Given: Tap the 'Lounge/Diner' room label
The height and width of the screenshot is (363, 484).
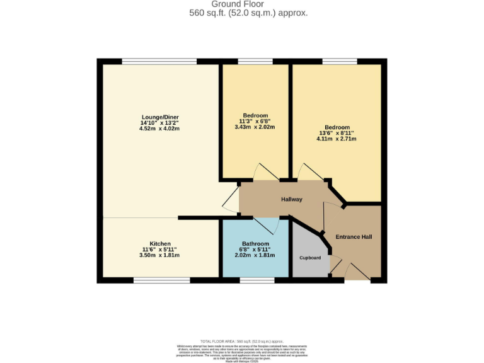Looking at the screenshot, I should [x=159, y=117].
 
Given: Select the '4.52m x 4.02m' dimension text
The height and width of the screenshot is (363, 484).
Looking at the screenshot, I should [x=159, y=129].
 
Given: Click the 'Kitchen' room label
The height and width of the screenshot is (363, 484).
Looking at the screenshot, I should [x=159, y=244].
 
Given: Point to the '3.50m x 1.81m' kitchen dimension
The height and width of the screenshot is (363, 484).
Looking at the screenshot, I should [x=159, y=255].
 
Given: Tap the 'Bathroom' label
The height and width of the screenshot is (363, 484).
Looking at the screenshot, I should [x=255, y=244].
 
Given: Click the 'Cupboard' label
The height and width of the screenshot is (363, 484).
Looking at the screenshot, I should [x=309, y=258].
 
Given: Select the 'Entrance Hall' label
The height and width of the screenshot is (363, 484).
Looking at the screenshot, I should [x=353, y=237].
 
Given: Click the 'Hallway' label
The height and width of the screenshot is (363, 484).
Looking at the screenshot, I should [x=291, y=200].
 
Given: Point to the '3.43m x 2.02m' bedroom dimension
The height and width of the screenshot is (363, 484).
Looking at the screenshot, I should [x=255, y=127].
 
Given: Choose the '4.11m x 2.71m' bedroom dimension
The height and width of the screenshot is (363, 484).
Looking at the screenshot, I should [x=336, y=139].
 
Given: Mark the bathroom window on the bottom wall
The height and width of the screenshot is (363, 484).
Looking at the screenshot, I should [x=256, y=280].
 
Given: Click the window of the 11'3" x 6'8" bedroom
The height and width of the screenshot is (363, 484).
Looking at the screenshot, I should [x=255, y=61].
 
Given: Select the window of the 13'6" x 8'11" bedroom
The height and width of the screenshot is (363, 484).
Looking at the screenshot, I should [x=340, y=61].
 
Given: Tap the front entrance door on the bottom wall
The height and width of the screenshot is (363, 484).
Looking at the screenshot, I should [x=357, y=272].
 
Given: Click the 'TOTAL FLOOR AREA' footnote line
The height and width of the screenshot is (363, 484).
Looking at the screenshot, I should [x=241, y=340].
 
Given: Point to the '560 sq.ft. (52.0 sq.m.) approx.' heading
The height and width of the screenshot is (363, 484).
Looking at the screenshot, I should [x=248, y=13].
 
